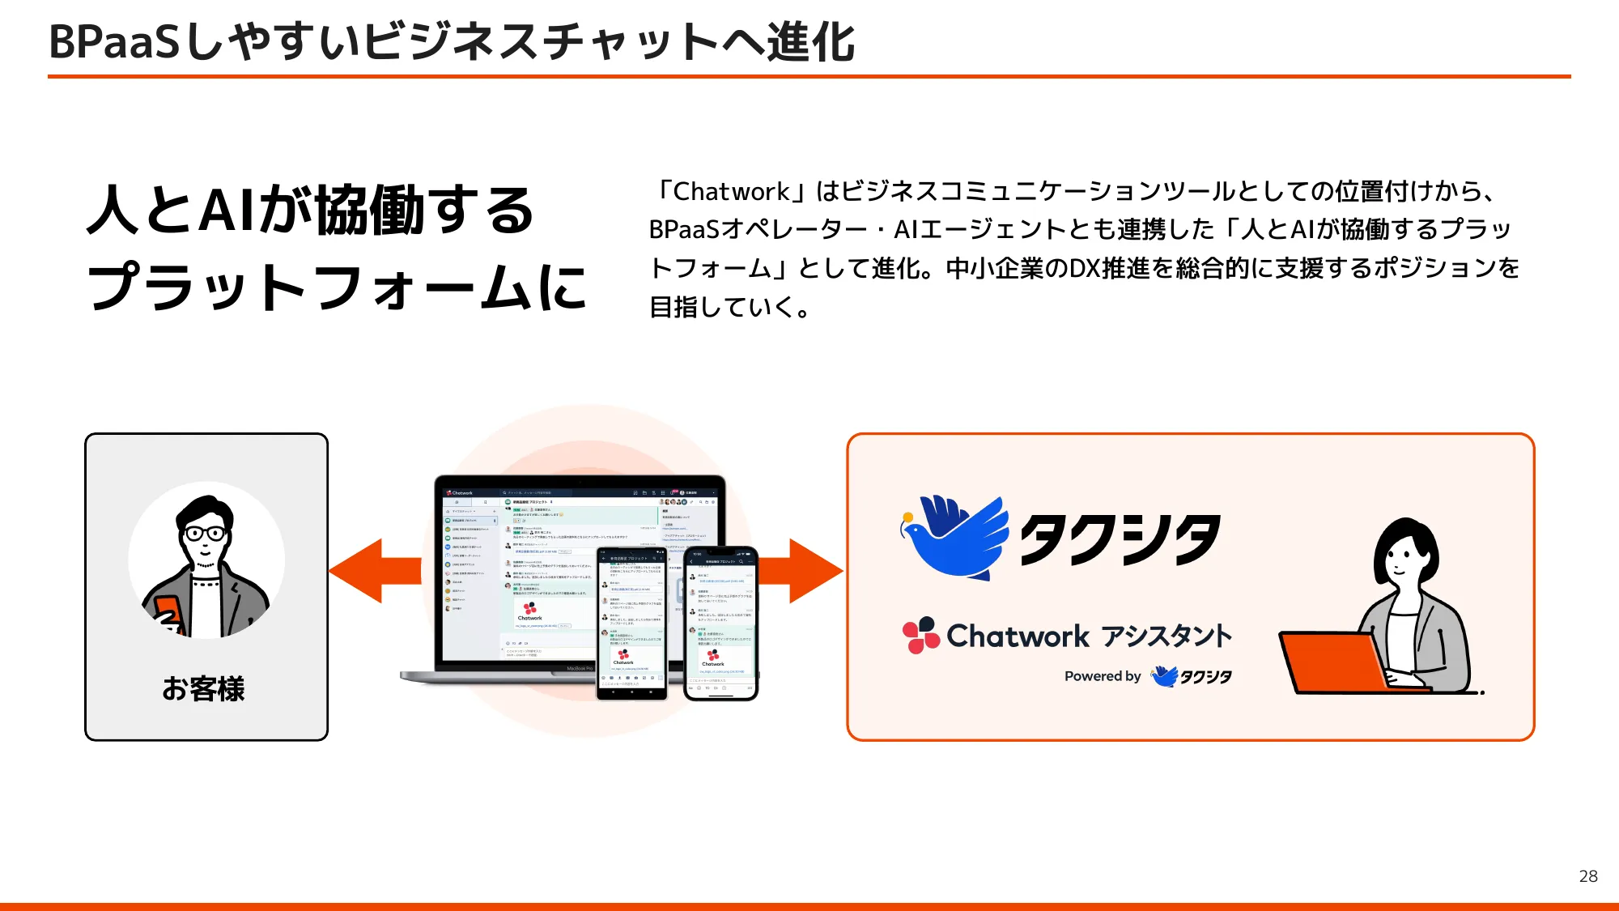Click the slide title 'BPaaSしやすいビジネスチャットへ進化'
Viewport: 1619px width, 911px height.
click(452, 42)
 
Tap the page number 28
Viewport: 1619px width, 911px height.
click(1587, 876)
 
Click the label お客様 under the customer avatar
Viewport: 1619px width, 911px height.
click(203, 689)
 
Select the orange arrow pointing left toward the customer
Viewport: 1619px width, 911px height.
click(374, 571)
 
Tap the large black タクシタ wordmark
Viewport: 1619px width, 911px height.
click(1120, 539)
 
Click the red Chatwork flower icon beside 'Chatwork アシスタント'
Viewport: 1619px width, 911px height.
click(920, 636)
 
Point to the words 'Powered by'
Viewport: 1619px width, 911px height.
click(1102, 676)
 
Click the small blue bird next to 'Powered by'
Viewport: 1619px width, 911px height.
click(1164, 675)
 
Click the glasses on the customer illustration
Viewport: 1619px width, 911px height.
click(206, 533)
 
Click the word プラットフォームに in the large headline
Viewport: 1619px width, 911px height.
click(337, 287)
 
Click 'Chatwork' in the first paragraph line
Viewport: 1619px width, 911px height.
click(730, 192)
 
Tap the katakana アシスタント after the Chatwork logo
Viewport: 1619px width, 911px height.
click(1166, 636)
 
